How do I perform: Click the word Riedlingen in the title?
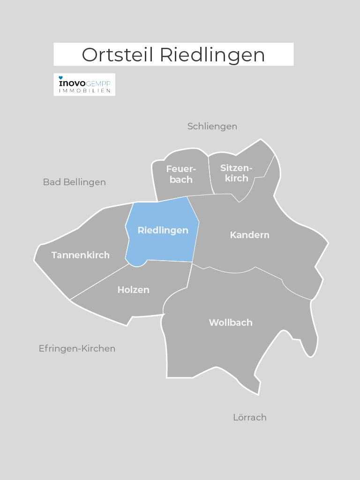[x=212, y=55]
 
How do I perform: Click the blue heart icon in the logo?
[x=61, y=77]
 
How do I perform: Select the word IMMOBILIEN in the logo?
[x=84, y=90]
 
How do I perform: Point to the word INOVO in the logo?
[x=72, y=83]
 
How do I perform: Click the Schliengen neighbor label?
[x=212, y=126]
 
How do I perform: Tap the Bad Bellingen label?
[x=74, y=182]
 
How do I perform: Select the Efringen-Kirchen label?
[x=77, y=348]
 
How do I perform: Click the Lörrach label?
[x=249, y=417]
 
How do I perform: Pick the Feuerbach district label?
[x=181, y=174]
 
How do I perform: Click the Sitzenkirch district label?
[x=236, y=172]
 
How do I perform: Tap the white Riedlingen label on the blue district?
[x=163, y=230]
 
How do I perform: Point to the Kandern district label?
[x=249, y=235]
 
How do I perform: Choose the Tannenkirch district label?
[x=80, y=255]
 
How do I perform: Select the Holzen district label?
[x=133, y=290]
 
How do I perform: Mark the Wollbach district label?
[x=230, y=322]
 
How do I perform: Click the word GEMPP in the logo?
[x=98, y=83]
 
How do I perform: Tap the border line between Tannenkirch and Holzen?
[x=99, y=282]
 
